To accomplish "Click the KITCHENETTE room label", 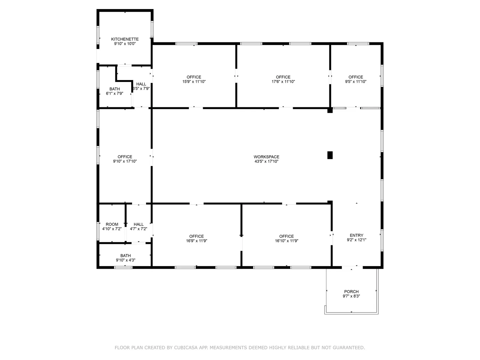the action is [125, 39].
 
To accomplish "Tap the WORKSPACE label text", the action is [266, 157].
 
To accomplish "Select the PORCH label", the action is [351, 292].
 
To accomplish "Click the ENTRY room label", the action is [356, 235].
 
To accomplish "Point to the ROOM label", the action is [112, 224].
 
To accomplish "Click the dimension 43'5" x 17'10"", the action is [266, 161].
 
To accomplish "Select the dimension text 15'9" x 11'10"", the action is [194, 82].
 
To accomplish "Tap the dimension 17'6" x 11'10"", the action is [283, 82].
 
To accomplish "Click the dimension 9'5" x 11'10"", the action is [356, 82].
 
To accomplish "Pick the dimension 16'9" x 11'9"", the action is [196, 241].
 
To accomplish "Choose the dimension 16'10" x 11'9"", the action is [286, 241].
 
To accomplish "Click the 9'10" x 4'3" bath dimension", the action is [126, 260].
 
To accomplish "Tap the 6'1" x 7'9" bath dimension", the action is [115, 93].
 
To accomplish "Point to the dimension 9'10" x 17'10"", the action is [125, 161].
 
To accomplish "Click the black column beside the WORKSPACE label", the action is [330, 155].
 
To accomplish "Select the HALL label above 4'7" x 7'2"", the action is [138, 224].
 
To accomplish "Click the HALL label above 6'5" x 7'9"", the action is [141, 84].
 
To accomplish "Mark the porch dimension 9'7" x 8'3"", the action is [351, 296].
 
